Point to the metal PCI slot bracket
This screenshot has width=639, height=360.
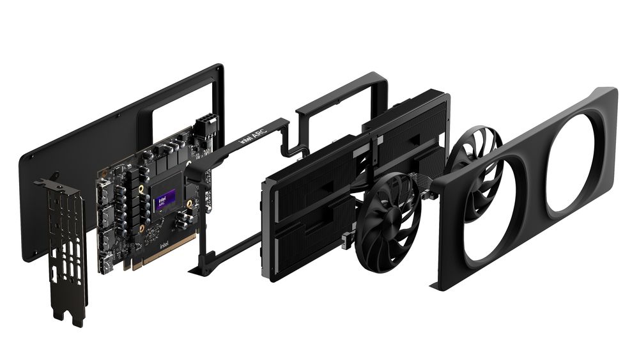point(64,237)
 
